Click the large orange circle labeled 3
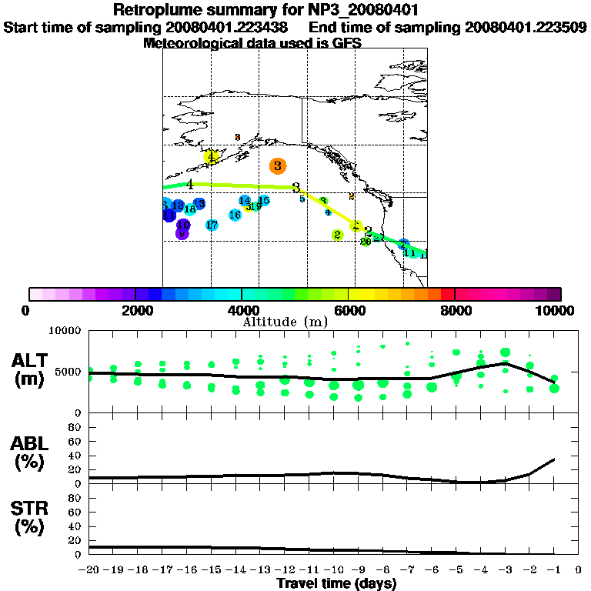click(x=278, y=165)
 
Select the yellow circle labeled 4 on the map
click(x=211, y=156)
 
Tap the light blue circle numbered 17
click(x=212, y=225)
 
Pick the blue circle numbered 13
click(x=199, y=204)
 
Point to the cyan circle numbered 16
click(x=235, y=215)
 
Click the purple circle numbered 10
click(x=183, y=225)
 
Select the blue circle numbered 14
click(x=245, y=201)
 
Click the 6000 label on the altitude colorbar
click(x=349, y=311)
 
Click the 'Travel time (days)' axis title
click(x=336, y=584)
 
